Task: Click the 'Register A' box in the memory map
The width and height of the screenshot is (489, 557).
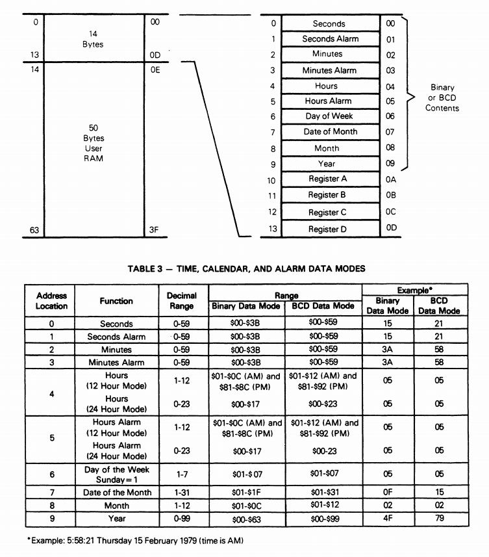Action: point(330,179)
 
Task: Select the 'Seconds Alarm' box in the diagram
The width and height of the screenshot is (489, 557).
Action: point(330,39)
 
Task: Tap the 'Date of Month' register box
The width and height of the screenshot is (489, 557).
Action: point(330,132)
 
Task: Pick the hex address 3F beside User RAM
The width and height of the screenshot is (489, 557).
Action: point(155,229)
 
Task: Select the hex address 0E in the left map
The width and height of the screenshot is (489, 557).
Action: point(155,70)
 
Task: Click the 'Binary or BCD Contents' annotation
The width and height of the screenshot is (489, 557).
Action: point(442,97)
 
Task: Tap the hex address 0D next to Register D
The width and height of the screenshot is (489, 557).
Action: point(390,229)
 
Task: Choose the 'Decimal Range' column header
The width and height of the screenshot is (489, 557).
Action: point(182,300)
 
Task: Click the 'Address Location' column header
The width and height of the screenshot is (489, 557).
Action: point(52,300)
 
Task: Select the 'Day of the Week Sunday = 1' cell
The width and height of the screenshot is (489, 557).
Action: point(117,474)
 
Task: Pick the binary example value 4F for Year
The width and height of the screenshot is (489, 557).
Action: point(388,519)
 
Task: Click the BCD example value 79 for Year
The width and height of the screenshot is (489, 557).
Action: point(439,519)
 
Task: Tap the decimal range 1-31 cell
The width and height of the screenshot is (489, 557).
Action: point(182,492)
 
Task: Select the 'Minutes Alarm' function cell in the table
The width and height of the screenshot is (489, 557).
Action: point(117,362)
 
